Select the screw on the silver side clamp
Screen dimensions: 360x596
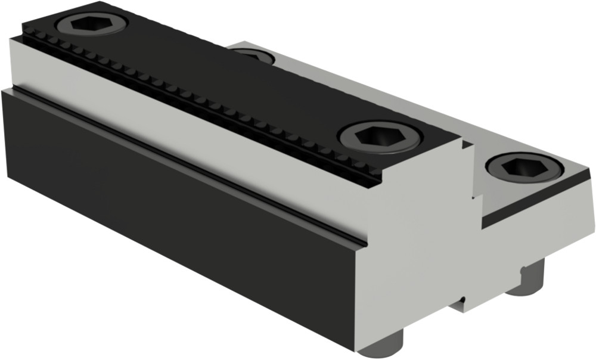(524, 168)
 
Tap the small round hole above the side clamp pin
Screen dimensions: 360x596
(524, 269)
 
